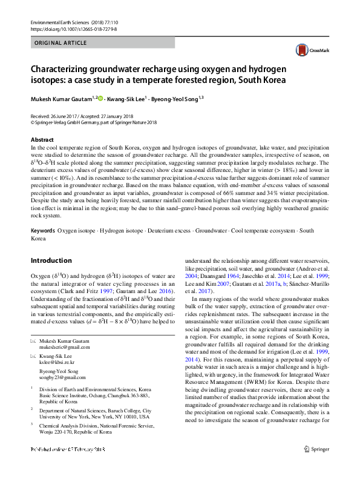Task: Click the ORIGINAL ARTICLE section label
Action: click(60, 44)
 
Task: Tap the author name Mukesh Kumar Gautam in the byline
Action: click(62, 97)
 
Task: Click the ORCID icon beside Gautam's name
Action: click(100, 97)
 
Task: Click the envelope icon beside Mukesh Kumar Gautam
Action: click(33, 342)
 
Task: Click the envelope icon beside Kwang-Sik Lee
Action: click(33, 357)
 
